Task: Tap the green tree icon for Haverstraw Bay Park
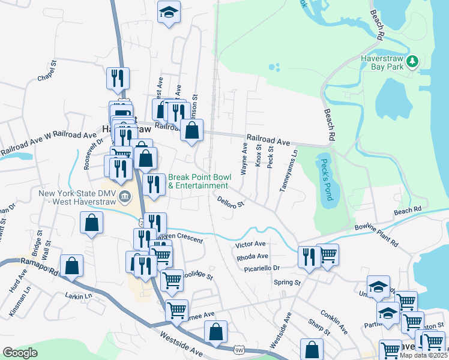[x=412, y=61]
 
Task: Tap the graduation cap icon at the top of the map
[x=169, y=11]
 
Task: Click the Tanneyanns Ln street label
[x=288, y=171]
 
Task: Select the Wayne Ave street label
[x=244, y=159]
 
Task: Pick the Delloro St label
[x=231, y=200]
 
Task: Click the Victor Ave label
[x=250, y=245]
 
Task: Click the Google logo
[x=20, y=353]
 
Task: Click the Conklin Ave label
[x=334, y=321]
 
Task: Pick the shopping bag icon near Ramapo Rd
[x=71, y=266]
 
